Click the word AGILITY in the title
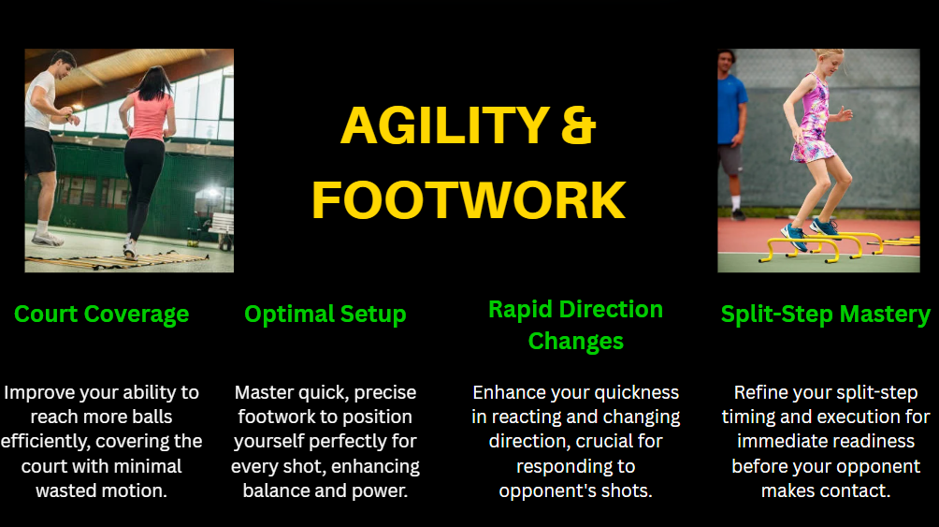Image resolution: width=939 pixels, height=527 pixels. click(445, 125)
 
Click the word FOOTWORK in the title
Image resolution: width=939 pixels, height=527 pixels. click(469, 200)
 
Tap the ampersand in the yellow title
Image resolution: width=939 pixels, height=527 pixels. click(579, 125)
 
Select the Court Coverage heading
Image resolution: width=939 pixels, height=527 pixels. click(101, 315)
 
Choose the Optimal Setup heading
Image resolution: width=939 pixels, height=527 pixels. click(325, 315)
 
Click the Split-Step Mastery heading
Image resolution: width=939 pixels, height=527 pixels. click(825, 315)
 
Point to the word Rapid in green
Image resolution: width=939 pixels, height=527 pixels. click(520, 310)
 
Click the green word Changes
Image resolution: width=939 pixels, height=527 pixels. click(575, 341)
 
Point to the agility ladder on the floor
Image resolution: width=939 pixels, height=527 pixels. click(114, 260)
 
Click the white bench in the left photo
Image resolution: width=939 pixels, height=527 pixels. click(219, 227)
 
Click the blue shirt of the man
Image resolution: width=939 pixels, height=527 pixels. click(731, 110)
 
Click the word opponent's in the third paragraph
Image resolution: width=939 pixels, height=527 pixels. click(547, 491)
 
